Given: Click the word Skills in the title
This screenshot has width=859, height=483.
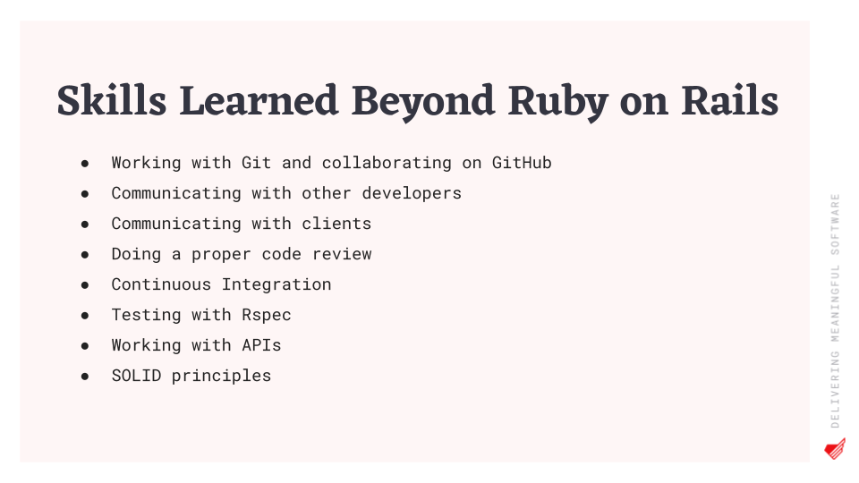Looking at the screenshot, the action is point(112,100).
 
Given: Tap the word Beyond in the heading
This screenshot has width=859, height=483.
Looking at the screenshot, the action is point(423,103).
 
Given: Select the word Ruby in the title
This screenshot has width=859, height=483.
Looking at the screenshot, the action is point(557,103).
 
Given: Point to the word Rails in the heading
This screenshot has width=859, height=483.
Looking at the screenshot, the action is point(730,100).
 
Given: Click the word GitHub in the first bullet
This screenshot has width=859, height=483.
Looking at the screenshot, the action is point(522,163).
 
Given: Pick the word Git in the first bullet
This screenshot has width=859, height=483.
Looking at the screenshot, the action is point(257,163).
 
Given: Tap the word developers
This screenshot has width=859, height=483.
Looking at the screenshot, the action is point(412,193).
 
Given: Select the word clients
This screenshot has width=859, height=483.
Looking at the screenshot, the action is point(336,224).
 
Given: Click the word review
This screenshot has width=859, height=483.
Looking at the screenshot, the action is point(342,254).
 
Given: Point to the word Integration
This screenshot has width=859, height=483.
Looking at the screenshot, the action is point(276,284).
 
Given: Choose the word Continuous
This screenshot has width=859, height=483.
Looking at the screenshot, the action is point(161,284).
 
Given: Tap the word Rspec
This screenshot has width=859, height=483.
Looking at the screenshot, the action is point(267,316).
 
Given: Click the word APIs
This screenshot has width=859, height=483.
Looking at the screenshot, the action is point(262,345).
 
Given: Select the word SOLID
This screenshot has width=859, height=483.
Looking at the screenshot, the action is point(136,376).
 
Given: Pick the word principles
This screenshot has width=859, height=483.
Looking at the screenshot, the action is point(221,377).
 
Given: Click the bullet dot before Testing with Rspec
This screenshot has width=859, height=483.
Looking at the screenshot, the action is point(85,316).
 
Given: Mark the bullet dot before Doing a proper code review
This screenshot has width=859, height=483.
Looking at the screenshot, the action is point(85,255).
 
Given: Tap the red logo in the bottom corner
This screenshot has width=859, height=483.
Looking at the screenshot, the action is point(835,448).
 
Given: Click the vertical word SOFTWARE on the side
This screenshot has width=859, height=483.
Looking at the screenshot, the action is point(835,224).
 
